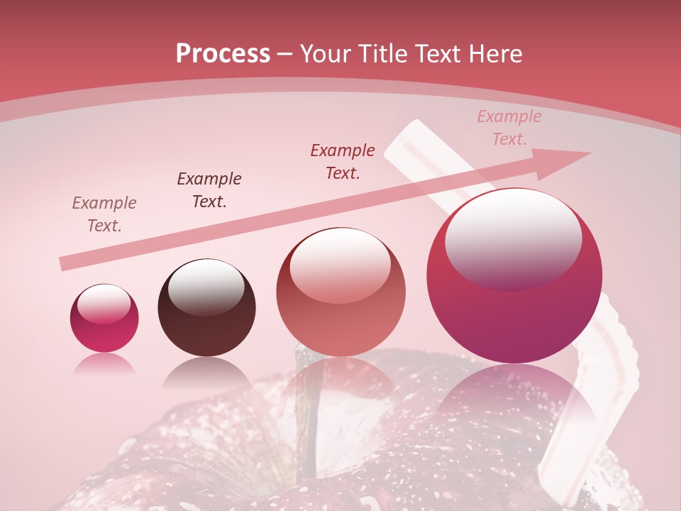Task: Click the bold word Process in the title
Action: click(223, 54)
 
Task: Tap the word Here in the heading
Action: click(494, 54)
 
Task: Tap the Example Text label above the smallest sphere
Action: click(104, 214)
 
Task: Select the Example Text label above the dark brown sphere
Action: click(209, 189)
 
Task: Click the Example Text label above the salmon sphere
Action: click(343, 161)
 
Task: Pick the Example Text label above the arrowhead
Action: click(509, 128)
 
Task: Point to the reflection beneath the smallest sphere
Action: click(104, 363)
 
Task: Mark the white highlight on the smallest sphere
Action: click(104, 304)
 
